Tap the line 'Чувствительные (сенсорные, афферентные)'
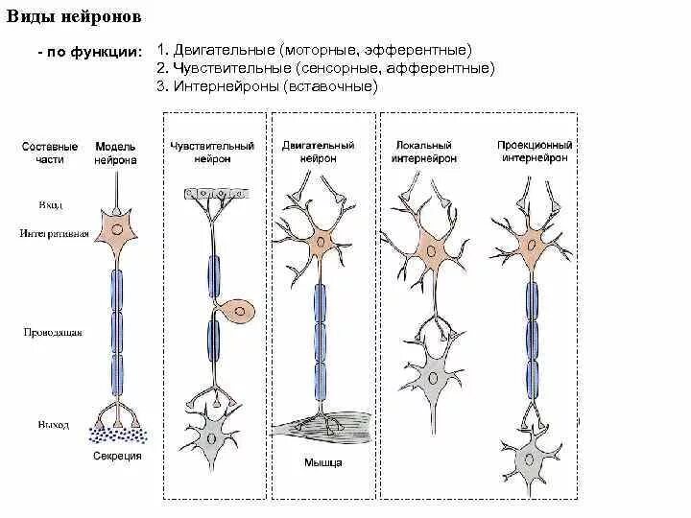(327, 68)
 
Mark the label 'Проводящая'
(52, 333)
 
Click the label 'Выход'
(54, 424)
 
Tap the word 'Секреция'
(117, 457)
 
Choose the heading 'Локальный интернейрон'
(423, 153)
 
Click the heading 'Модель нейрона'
(116, 153)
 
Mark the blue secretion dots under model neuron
(116, 434)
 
